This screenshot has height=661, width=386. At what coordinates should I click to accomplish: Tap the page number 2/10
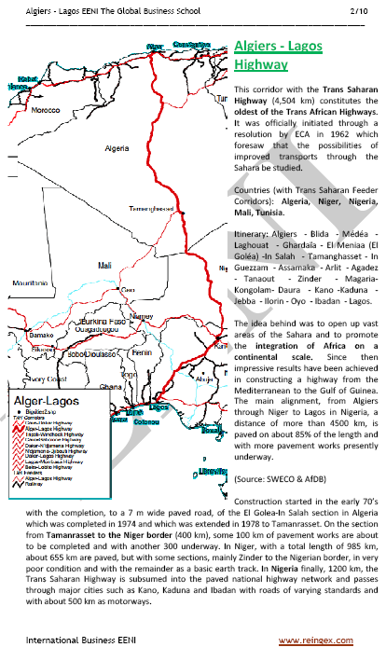coord(361,10)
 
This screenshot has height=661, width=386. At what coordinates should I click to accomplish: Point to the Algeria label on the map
coord(117,148)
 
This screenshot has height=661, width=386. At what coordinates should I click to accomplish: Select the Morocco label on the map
coord(46,109)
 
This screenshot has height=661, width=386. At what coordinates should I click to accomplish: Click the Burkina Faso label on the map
coord(103,319)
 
